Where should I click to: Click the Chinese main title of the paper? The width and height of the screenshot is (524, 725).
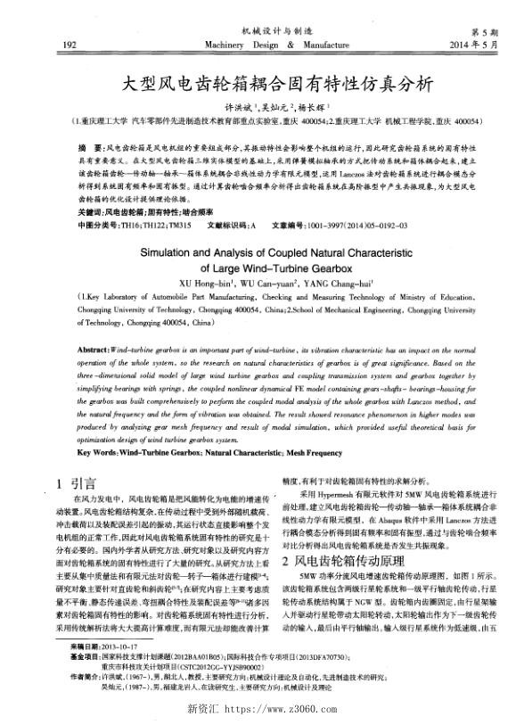pyautogui.click(x=276, y=84)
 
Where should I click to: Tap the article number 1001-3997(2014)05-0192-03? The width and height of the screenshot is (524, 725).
pyautogui.click(x=355, y=224)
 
